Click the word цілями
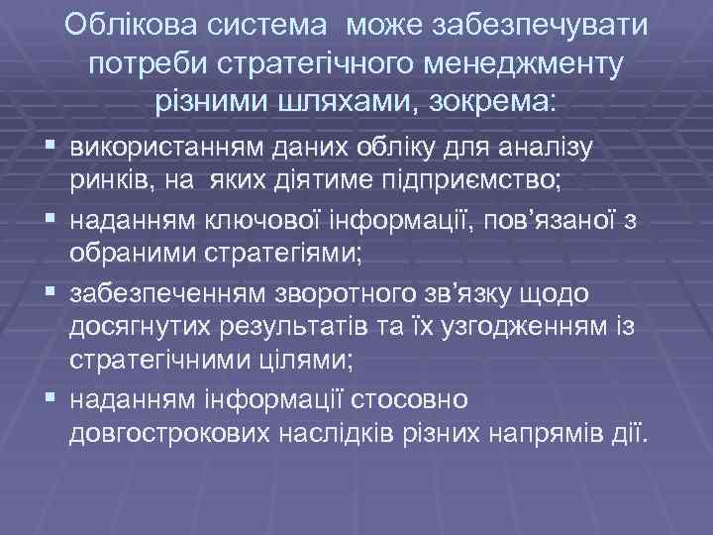click(297, 362)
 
